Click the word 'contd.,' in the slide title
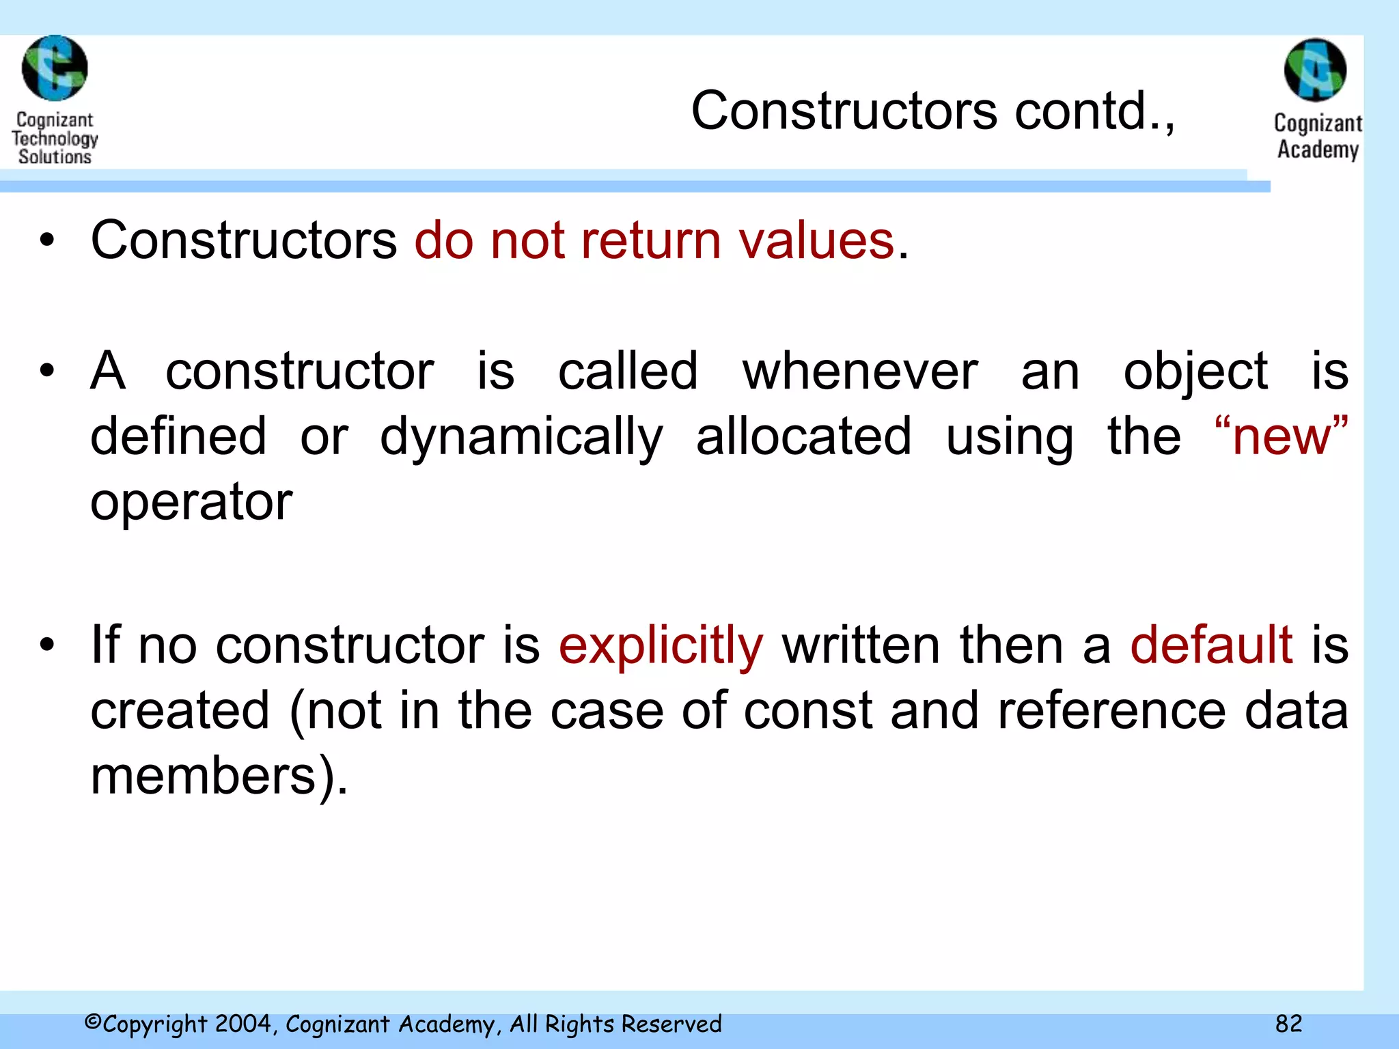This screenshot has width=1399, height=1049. (1094, 111)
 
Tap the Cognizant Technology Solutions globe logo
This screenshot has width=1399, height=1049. (55, 68)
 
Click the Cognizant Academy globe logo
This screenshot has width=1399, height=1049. (1315, 70)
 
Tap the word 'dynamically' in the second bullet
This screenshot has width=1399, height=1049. (521, 437)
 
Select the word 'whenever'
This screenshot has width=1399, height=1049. (860, 372)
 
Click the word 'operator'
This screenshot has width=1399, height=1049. (191, 502)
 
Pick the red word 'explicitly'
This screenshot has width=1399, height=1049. (661, 645)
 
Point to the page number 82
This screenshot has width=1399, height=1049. (1288, 1023)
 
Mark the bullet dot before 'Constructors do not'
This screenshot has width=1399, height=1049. (46, 240)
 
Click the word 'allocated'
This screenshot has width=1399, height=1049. (803, 437)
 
